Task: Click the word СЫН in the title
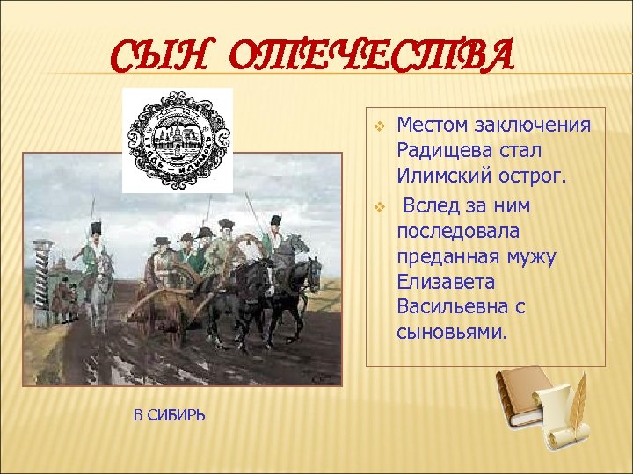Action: [x=168, y=60]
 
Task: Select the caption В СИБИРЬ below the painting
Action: [x=170, y=414]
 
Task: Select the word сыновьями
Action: [x=453, y=333]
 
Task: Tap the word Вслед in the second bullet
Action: [x=430, y=205]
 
